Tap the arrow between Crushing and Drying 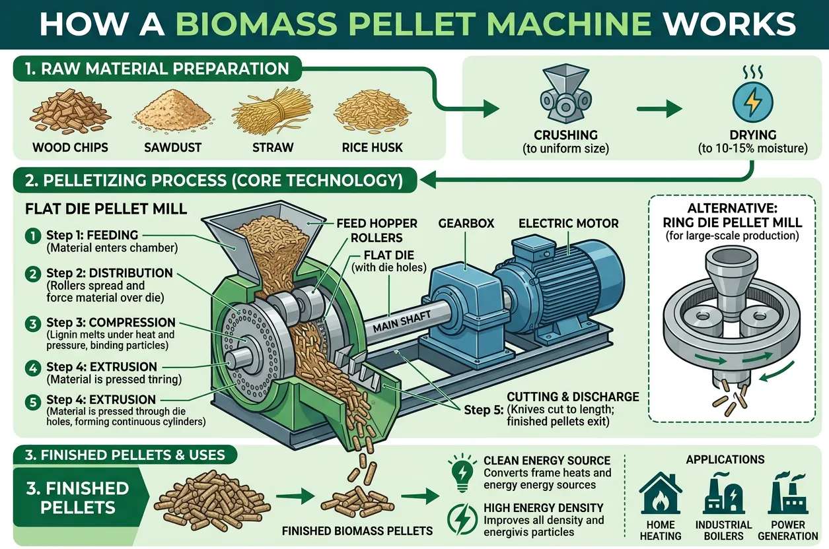(x=661, y=109)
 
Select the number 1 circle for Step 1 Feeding (x=32, y=236)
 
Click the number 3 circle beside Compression (x=32, y=323)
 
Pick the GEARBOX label (x=465, y=224)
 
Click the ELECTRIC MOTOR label (x=568, y=224)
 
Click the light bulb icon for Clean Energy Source (x=462, y=469)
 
